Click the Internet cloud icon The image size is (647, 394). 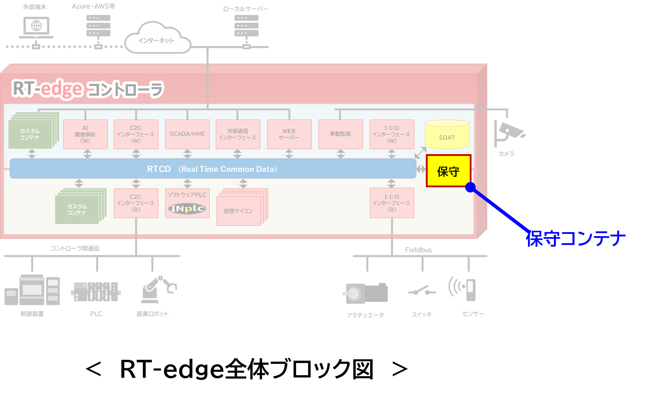157,38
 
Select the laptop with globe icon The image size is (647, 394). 36,27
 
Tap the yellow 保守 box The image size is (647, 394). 449,171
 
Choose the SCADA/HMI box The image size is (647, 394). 187,134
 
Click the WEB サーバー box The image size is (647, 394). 289,134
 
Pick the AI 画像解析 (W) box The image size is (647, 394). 85,134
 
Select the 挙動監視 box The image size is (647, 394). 340,134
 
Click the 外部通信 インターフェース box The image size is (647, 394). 238,134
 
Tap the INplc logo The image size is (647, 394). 187,208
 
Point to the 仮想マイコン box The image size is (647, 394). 239,211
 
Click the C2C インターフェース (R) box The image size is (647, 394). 136,203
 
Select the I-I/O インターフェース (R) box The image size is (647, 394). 392,203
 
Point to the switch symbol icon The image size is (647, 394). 422,290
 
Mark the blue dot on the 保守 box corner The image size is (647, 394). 470,187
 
